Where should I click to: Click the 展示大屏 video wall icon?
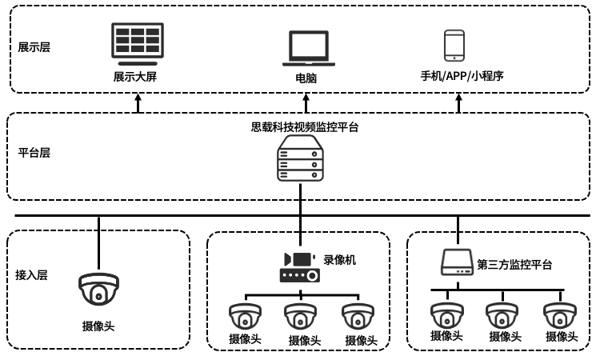pyautogui.click(x=138, y=44)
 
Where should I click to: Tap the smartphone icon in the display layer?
pyautogui.click(x=454, y=46)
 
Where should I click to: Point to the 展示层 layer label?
pyautogui.click(x=34, y=47)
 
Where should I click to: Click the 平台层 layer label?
pyautogui.click(x=34, y=152)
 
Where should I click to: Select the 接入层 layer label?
pyautogui.click(x=32, y=275)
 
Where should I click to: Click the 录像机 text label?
pyautogui.click(x=339, y=260)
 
